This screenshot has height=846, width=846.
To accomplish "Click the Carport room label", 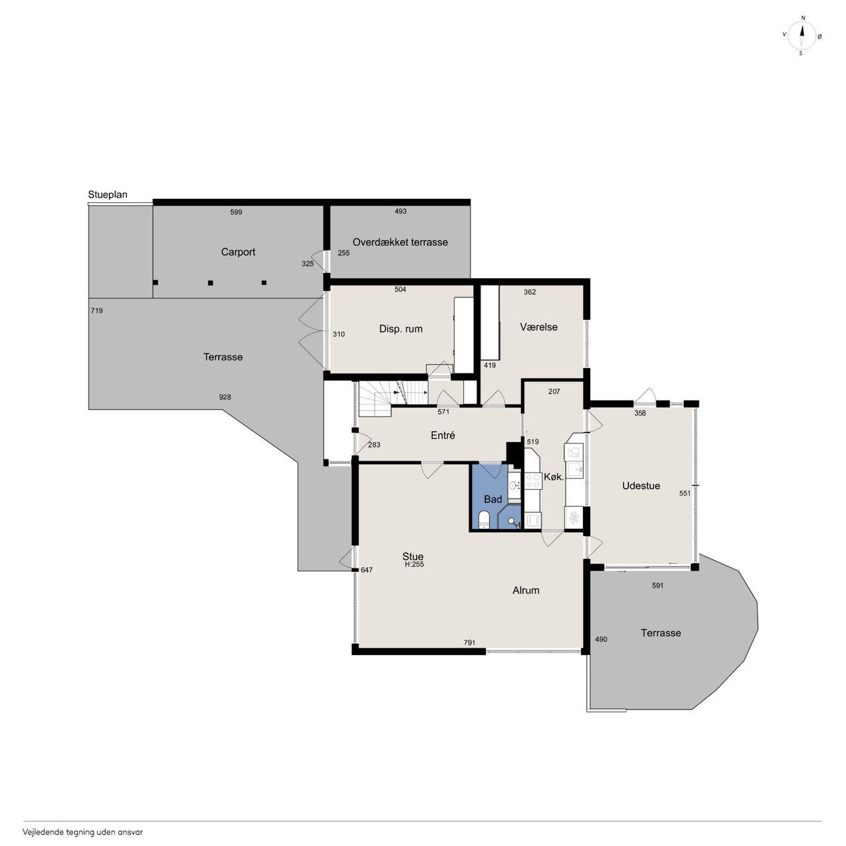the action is pyautogui.click(x=238, y=252).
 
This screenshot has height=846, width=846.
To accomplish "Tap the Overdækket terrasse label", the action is pyautogui.click(x=400, y=242).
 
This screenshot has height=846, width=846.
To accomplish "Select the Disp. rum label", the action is pyautogui.click(x=401, y=329).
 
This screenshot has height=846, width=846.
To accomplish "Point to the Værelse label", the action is pyautogui.click(x=539, y=327).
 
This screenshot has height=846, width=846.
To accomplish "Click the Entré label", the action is pyautogui.click(x=443, y=435).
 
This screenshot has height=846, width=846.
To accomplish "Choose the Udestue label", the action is pyautogui.click(x=641, y=486).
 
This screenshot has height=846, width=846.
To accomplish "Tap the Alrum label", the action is pyautogui.click(x=525, y=590).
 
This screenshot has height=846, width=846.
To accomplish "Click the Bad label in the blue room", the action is pyautogui.click(x=492, y=499).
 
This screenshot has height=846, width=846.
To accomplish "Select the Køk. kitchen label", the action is pyautogui.click(x=554, y=477).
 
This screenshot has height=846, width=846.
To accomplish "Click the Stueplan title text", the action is pyautogui.click(x=108, y=194).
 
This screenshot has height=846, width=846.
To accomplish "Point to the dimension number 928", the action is pyautogui.click(x=225, y=397).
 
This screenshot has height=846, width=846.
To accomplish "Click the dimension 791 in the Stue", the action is pyautogui.click(x=469, y=642).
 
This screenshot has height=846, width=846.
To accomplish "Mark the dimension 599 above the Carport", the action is pyautogui.click(x=236, y=212).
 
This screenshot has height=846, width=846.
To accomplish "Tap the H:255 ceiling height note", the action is pyautogui.click(x=414, y=564).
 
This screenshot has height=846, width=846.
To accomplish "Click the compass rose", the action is pyautogui.click(x=802, y=36).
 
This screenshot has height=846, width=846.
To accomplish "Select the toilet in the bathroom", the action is pyautogui.click(x=483, y=519).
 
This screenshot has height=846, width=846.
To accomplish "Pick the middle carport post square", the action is pyautogui.click(x=210, y=283).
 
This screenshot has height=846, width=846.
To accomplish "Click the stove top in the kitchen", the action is pyautogui.click(x=533, y=481).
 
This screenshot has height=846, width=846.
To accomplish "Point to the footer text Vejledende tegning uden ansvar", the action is pyautogui.click(x=83, y=831).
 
